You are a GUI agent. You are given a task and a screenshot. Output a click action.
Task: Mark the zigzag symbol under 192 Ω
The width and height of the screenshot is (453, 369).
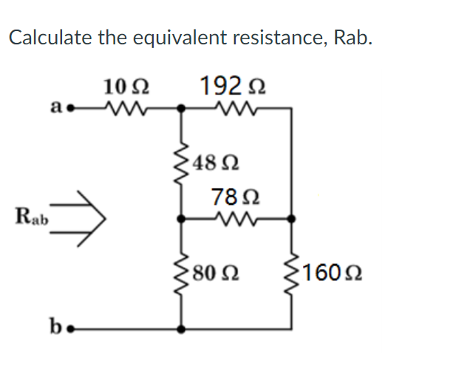pyautogui.click(x=235, y=109)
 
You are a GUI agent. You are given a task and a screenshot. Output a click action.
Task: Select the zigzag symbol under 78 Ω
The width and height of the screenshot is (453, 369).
pyautogui.click(x=236, y=219)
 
